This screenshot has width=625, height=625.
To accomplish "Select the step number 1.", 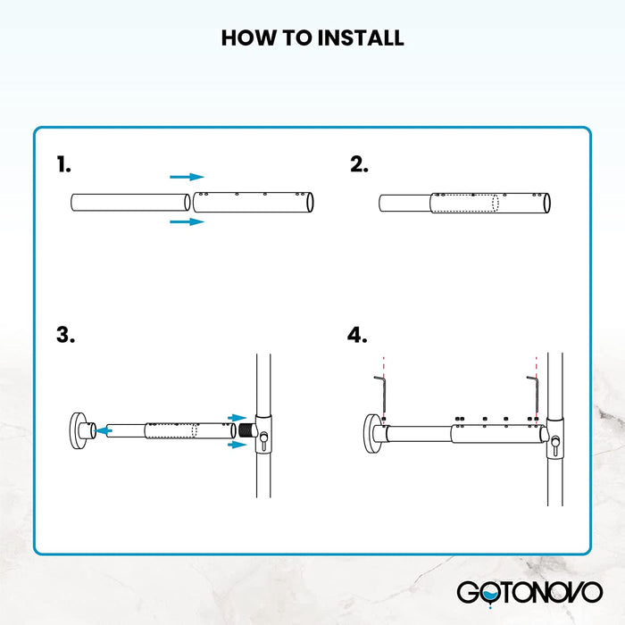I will point(62,165).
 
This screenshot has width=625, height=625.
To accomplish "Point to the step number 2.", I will point(359,165).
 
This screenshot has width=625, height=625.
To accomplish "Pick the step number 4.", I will point(357,336).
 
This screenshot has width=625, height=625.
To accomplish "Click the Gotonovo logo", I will point(529,592).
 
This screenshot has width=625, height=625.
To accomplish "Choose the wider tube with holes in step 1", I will point(254,201).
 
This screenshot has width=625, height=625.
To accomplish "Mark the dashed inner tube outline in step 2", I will point(463,203).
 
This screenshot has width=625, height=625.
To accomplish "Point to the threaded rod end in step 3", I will point(241,429).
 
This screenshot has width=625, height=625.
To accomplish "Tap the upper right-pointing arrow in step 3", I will point(237,417).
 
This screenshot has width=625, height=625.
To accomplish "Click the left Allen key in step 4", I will point(379,393).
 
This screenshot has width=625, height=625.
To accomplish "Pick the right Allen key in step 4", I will point(533,393).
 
